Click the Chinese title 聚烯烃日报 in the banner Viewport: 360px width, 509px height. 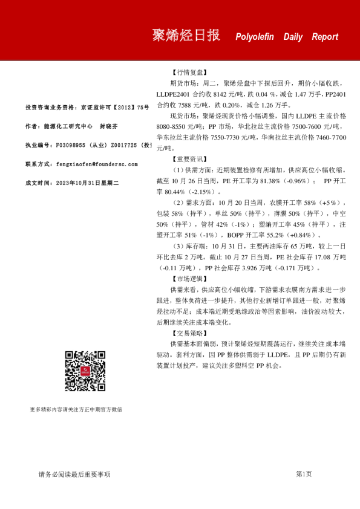pyautogui.click(x=186, y=35)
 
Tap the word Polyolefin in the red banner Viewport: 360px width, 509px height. pyautogui.click(x=255, y=37)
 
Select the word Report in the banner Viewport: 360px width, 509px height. pyautogui.click(x=326, y=37)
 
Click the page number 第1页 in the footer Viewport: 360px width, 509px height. pyautogui.click(x=304, y=474)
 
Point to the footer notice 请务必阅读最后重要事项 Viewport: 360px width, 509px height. pyautogui.click(x=74, y=474)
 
